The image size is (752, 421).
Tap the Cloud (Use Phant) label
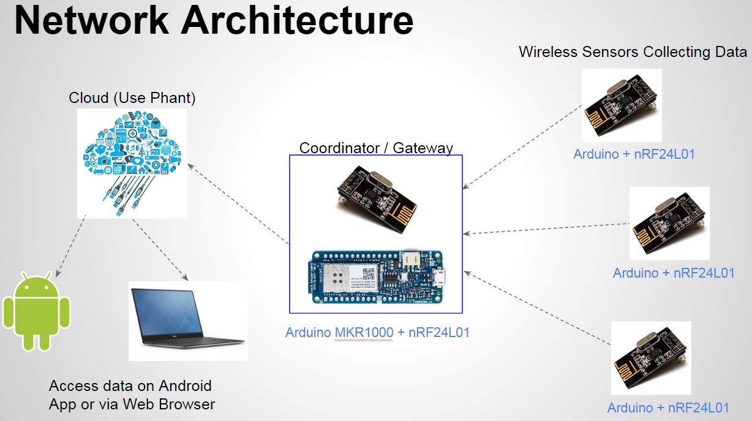132,97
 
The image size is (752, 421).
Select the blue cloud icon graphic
132,157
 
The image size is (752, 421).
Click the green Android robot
37,312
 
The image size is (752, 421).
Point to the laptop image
188,320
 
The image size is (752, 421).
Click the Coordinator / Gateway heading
376,148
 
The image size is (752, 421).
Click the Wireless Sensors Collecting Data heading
633,52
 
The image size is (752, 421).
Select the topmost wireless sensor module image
622,105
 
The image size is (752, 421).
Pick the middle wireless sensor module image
669,224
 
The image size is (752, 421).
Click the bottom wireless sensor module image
651,358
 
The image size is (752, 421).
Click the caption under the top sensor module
634,154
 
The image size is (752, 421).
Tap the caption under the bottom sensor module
668,408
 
